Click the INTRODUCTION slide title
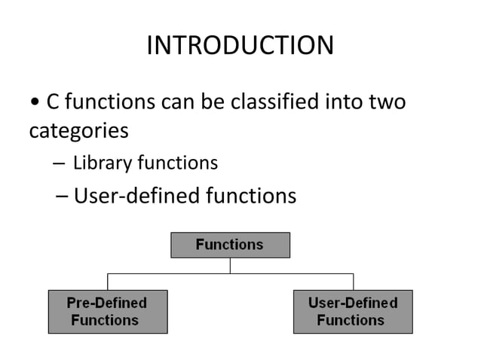click(x=240, y=46)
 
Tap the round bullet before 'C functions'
click(x=35, y=102)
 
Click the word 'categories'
click(x=78, y=131)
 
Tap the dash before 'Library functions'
click(x=60, y=163)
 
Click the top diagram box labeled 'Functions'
click(x=230, y=245)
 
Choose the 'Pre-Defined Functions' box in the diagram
click(x=107, y=311)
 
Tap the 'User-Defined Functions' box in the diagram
click(x=352, y=311)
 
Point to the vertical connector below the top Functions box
click(x=230, y=265)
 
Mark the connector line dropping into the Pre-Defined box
click(x=107, y=282)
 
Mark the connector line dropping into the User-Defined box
click(x=352, y=282)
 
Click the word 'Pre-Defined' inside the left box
click(x=106, y=303)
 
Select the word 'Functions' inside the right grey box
click(x=351, y=320)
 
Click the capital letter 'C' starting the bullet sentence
click(x=54, y=101)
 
